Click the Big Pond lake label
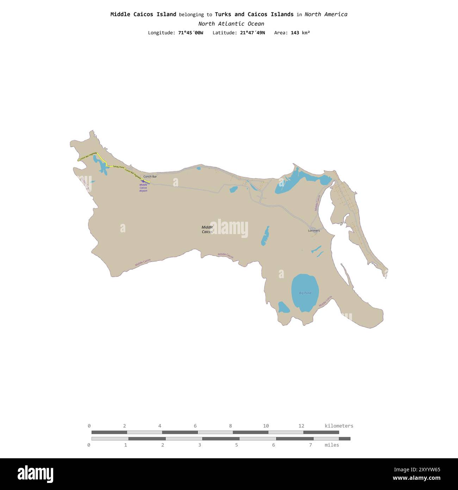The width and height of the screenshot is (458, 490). (x=305, y=293)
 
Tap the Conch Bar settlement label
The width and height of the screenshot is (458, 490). (x=150, y=177)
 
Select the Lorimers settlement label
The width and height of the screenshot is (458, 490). (x=314, y=231)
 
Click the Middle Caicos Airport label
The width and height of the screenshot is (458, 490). (x=143, y=188)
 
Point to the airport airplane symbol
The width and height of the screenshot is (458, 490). (x=143, y=181)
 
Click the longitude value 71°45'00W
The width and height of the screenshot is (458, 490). (x=190, y=33)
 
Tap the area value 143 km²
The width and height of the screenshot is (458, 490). (x=300, y=33)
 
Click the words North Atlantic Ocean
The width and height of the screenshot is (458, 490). (x=231, y=24)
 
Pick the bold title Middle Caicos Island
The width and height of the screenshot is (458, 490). (x=143, y=14)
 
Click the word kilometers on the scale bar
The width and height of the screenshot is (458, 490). (x=339, y=426)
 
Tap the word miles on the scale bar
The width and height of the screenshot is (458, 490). (x=332, y=445)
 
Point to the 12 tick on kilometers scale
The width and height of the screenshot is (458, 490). (x=301, y=426)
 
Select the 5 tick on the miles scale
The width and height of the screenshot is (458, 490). (x=236, y=445)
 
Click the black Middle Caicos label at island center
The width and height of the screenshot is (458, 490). (x=207, y=229)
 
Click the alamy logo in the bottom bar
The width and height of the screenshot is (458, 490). (x=35, y=474)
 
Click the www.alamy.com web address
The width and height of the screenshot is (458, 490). (x=416, y=478)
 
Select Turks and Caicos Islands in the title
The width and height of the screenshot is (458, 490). (x=254, y=14)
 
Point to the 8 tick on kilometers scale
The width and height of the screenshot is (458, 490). (x=230, y=426)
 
